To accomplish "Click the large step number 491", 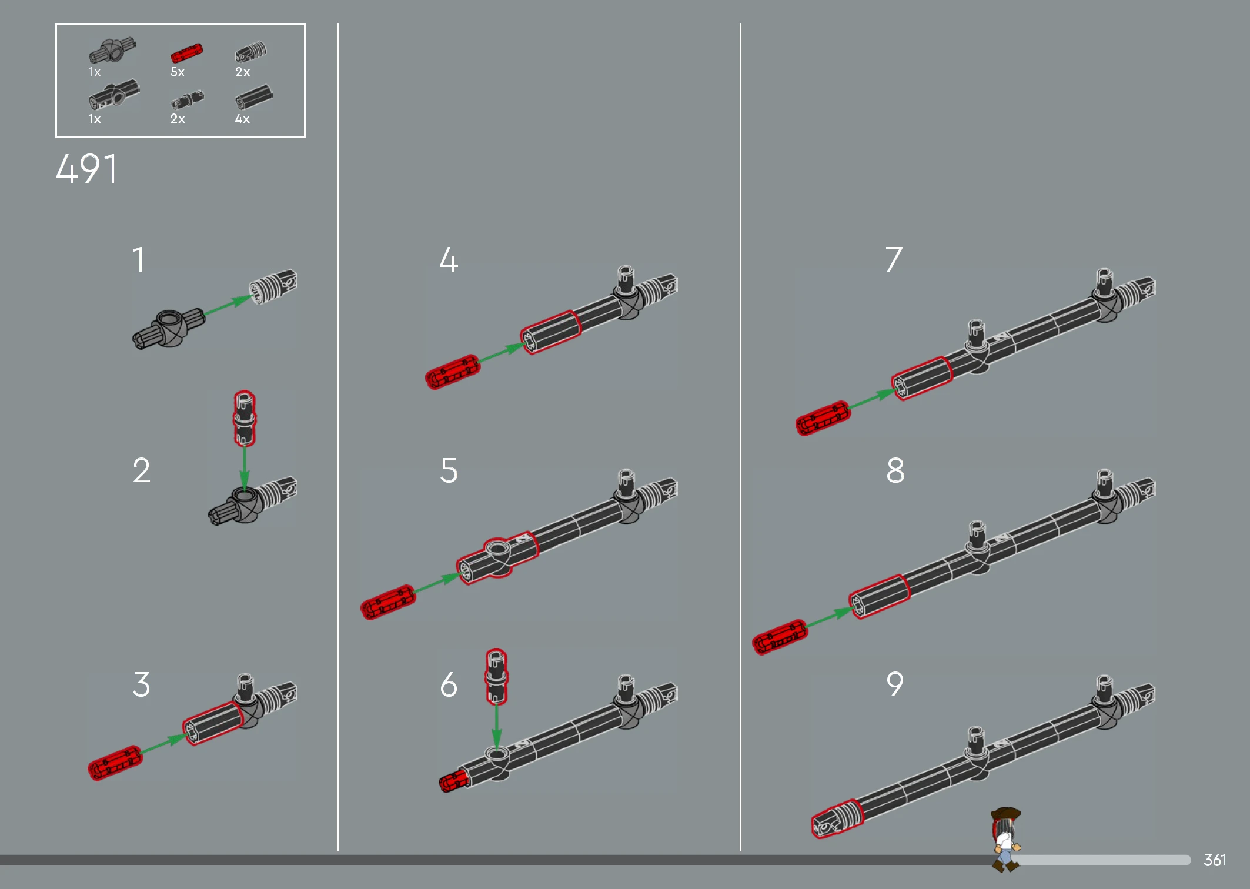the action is tap(86, 169).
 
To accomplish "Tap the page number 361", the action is tap(1215, 860).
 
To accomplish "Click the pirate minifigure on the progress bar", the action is tap(1006, 839).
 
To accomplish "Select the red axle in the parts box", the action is tap(186, 53).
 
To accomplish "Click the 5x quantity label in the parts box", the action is tap(178, 72).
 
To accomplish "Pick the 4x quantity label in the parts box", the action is tap(242, 119).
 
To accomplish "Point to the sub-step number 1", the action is tap(139, 259).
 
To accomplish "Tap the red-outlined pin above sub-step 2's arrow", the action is tap(245, 418).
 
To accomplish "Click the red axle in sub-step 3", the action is tap(115, 763).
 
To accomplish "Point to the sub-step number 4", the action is tap(449, 259).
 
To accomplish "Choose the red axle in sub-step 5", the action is tap(388, 602).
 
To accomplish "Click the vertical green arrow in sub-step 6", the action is tap(496, 727).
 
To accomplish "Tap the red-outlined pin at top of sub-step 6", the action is tap(496, 676).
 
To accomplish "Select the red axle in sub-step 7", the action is tap(823, 418).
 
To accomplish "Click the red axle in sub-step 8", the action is tap(780, 637).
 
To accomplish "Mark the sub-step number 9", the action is tap(895, 684).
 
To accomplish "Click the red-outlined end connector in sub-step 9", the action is tap(837, 818).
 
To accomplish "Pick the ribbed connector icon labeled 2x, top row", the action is tap(251, 52).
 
